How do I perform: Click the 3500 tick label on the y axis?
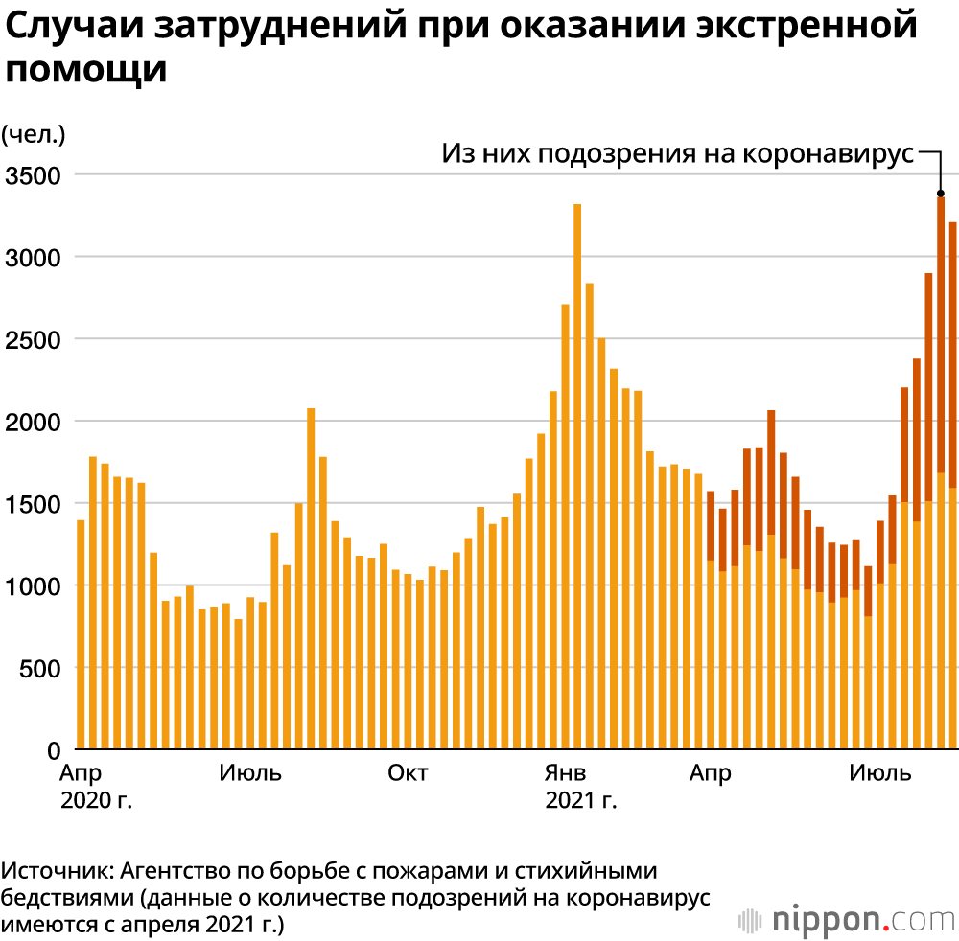33,175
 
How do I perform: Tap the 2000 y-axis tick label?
33,422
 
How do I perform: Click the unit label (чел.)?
34,134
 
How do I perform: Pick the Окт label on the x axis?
408,773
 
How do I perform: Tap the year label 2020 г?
96,800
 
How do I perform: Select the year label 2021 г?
580,800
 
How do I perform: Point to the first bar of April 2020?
81,633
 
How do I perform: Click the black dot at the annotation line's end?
941,193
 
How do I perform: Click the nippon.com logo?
850,919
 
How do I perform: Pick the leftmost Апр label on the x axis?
81,773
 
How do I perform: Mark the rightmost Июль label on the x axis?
880,773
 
